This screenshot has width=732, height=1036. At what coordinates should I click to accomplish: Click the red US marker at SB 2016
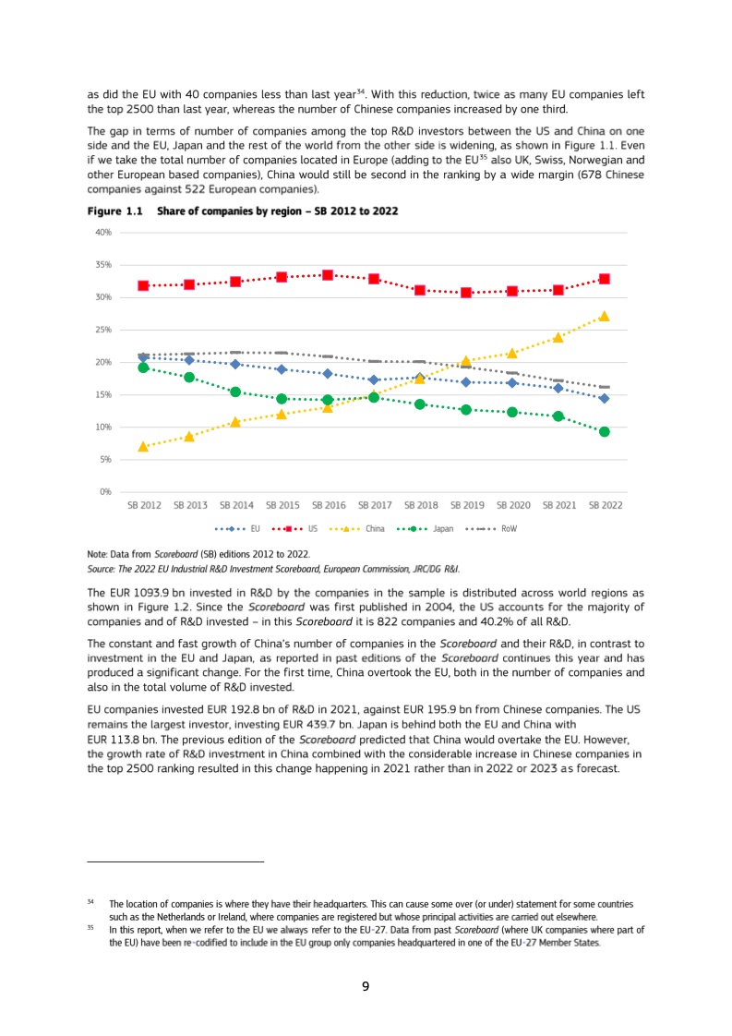[x=328, y=275]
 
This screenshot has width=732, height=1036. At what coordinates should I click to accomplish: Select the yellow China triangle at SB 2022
[x=604, y=316]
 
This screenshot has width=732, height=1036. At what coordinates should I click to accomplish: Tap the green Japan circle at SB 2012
[x=143, y=367]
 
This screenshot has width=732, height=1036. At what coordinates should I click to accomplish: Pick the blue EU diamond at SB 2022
[x=604, y=398]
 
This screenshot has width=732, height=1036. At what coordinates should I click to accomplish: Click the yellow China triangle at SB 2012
[x=143, y=447]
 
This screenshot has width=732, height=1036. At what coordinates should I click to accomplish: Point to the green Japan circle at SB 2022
[x=604, y=431]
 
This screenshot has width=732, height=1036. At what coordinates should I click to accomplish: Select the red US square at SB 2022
[x=604, y=279]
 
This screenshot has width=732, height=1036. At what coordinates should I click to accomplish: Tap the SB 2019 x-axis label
[x=467, y=505]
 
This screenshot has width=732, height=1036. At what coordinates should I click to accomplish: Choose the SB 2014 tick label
[x=236, y=505]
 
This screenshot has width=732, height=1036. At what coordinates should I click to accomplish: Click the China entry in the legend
[x=375, y=529]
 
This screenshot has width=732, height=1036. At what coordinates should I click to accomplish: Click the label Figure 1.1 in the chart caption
[x=116, y=211]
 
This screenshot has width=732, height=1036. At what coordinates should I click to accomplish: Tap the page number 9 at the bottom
[x=366, y=987]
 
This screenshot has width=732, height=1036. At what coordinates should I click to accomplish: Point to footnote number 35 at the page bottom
[x=90, y=929]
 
